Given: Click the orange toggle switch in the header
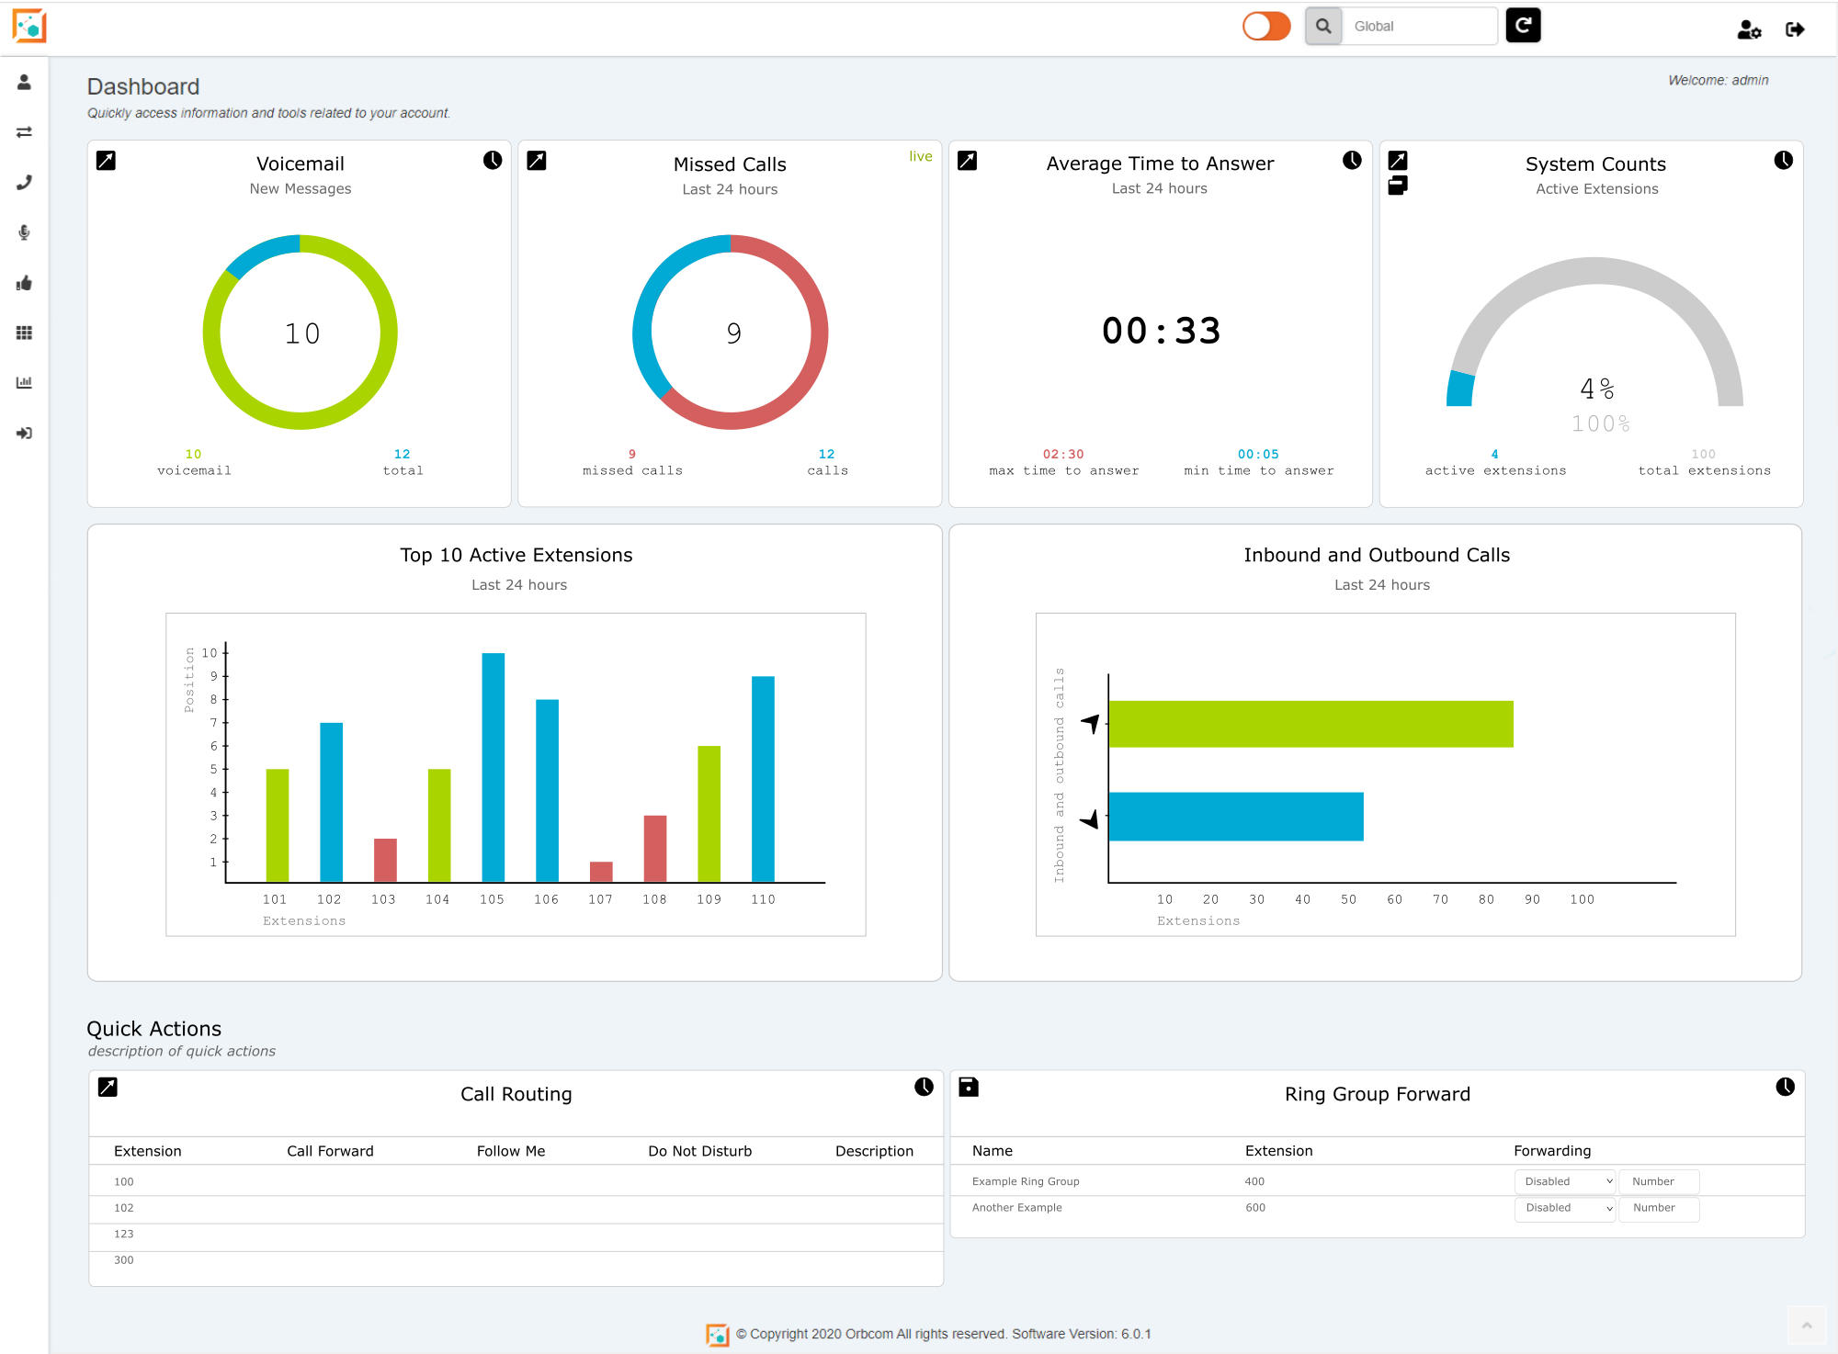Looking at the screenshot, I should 1266,27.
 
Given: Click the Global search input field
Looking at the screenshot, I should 1418,27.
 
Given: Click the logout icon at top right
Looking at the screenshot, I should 1794,29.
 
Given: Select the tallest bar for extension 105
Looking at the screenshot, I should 493,767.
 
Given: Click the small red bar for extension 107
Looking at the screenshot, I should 601,871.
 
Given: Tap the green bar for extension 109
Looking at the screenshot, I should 709,813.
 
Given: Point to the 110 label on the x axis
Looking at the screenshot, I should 763,899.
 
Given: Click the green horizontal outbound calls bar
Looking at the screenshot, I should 1310,724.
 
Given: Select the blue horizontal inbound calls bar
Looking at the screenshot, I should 1235,816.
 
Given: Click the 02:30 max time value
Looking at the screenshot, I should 1063,454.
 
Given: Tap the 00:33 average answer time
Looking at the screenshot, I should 1161,331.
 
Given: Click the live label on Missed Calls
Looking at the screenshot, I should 920,156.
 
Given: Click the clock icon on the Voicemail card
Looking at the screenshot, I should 493,161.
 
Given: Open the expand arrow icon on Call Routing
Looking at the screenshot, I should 108,1087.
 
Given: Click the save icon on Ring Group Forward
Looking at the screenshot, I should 968,1087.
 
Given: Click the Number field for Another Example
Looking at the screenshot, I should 1658,1208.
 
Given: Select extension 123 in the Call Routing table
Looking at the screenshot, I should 124,1234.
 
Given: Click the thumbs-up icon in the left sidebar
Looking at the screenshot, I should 25,283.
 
